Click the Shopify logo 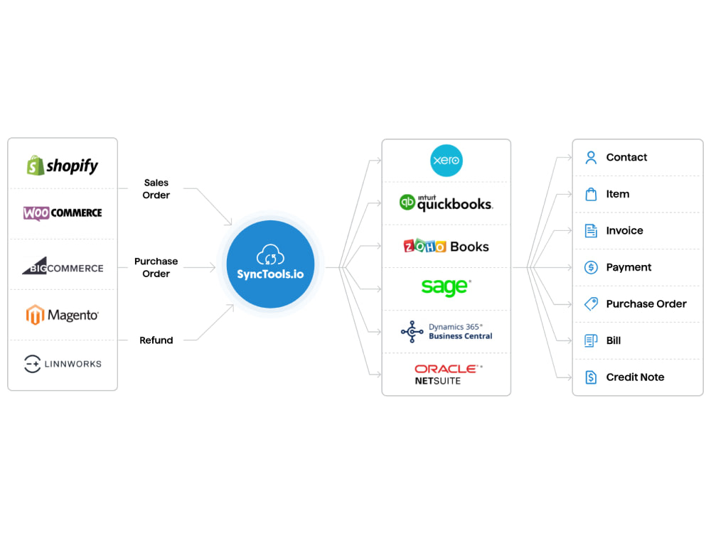[x=62, y=166]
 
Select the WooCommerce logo [x=63, y=212]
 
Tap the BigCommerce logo [x=63, y=266]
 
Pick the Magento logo [x=63, y=315]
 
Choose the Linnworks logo [x=63, y=364]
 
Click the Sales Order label [x=156, y=189]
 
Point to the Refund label [x=156, y=340]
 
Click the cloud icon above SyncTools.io [x=270, y=254]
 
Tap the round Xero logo [x=447, y=161]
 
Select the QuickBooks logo [x=447, y=203]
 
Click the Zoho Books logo [x=447, y=246]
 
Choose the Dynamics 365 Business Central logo [x=447, y=331]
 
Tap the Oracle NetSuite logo [x=449, y=375]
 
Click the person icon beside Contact [x=591, y=157]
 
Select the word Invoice [x=624, y=231]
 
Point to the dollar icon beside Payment [x=591, y=267]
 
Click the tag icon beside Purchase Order [x=591, y=303]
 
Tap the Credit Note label [x=635, y=377]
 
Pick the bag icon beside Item [x=591, y=194]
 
